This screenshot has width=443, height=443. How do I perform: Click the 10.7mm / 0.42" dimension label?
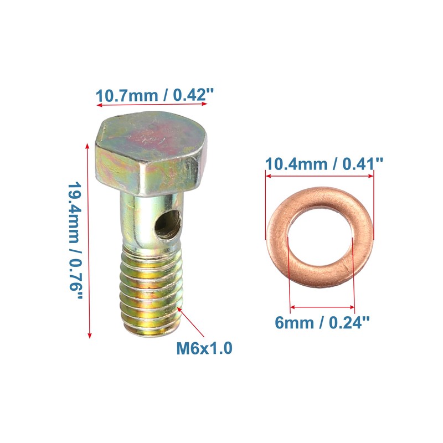coord(154,94)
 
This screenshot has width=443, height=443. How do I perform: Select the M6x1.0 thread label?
coord(204,348)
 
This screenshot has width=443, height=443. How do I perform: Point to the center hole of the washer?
coord(321,238)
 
